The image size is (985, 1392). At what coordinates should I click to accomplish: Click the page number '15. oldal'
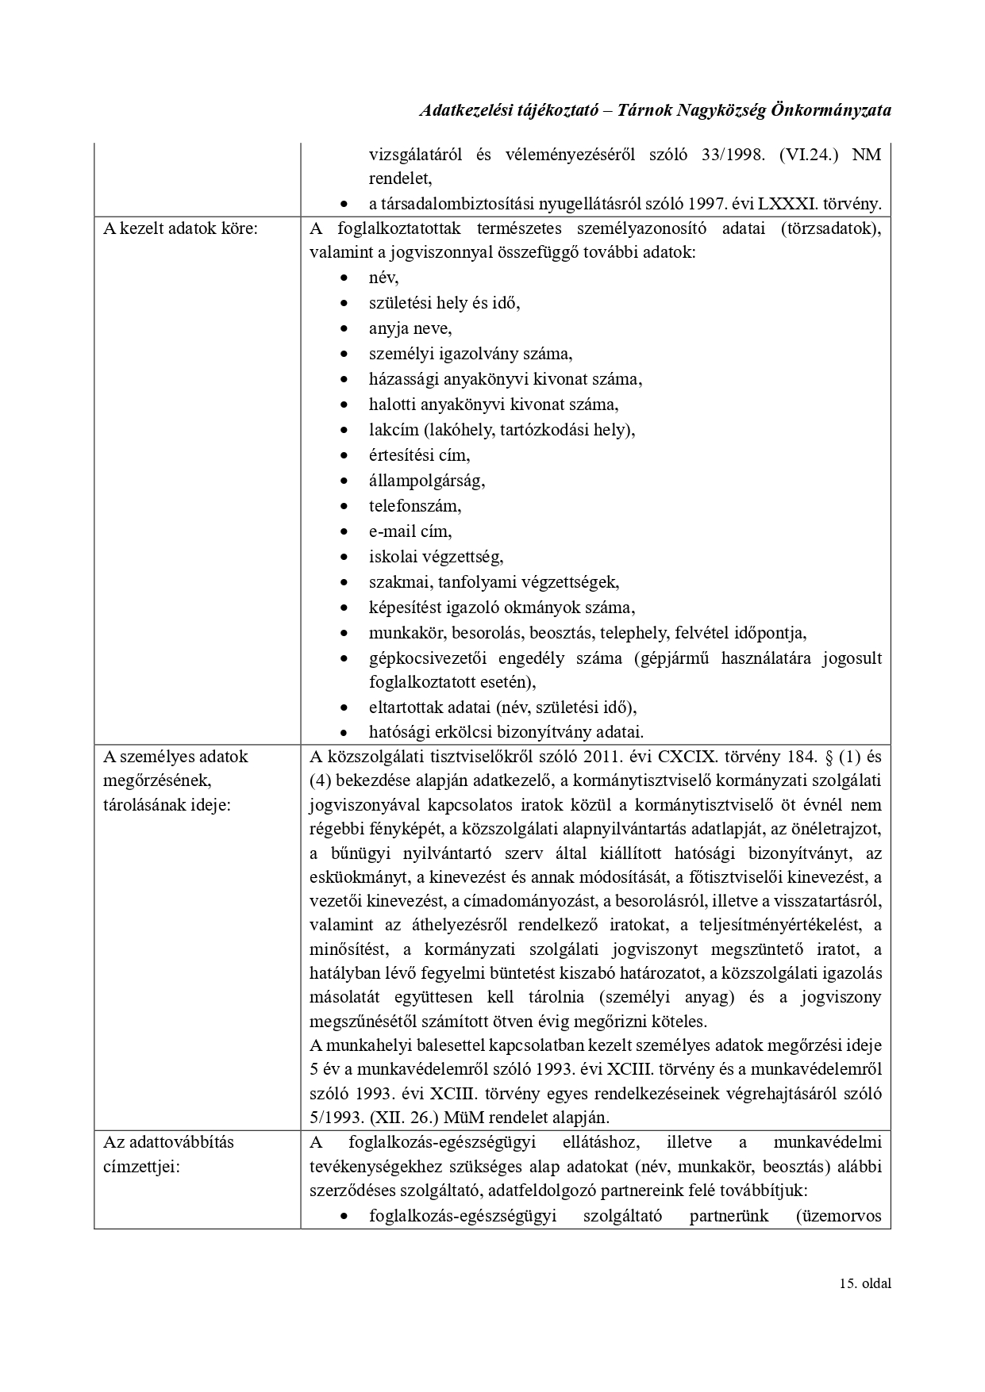pos(864,1306)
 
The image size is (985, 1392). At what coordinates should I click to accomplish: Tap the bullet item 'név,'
pos(383,278)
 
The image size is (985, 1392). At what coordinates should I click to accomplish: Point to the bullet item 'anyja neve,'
pos(410,328)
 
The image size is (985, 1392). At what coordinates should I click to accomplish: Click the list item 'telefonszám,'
pos(414,506)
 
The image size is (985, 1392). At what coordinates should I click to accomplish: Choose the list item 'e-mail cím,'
pos(410,531)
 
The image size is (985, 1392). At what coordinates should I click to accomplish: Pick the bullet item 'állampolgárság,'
pos(426,481)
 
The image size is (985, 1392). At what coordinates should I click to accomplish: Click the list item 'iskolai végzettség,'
pos(436,557)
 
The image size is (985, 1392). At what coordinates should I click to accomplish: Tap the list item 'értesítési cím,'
pos(419,455)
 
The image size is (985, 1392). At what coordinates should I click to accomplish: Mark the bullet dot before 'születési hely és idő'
pos(343,304)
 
